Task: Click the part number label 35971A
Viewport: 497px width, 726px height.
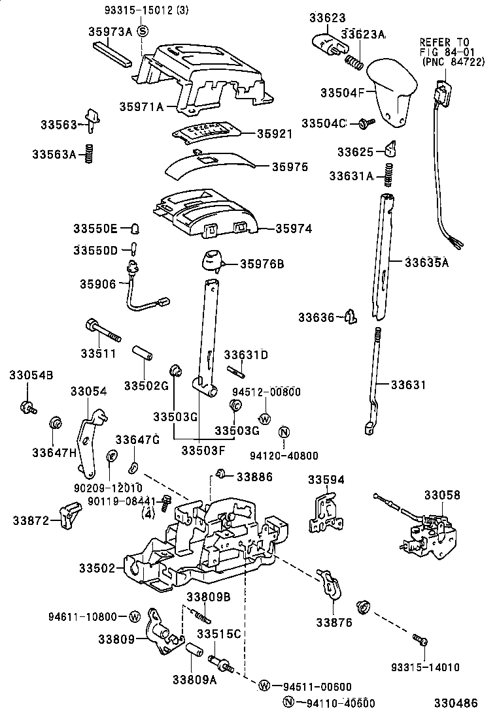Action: [x=140, y=106]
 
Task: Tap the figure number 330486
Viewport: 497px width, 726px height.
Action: [x=457, y=703]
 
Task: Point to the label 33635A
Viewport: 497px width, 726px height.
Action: [x=426, y=262]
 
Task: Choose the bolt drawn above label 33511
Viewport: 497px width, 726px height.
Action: [x=103, y=330]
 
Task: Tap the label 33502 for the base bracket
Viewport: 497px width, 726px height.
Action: [x=97, y=569]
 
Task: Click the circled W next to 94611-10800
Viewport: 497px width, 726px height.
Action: [x=134, y=617]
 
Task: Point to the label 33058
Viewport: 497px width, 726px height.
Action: [x=441, y=496]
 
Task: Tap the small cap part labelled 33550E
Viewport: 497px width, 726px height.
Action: [x=135, y=228]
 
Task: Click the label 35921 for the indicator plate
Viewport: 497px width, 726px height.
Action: [x=274, y=133]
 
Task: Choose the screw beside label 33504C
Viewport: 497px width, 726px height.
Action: [x=366, y=123]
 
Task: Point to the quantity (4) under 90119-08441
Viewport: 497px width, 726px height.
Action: [x=147, y=513]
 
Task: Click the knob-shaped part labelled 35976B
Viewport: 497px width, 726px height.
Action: [x=211, y=259]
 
